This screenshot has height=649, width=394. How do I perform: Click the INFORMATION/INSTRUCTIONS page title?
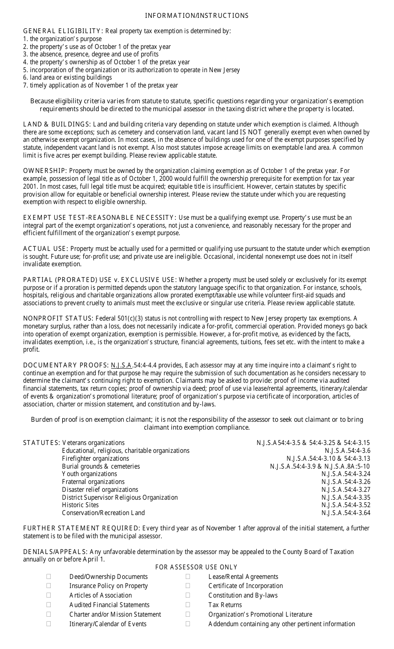(x=197, y=16)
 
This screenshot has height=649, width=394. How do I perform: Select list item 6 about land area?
(x=67, y=78)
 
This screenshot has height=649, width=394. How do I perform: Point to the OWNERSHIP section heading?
(x=45, y=171)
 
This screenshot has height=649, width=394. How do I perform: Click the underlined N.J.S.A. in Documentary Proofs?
(x=122, y=365)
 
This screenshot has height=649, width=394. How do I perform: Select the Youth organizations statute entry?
(x=90, y=474)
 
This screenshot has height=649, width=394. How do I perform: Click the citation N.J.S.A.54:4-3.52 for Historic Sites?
(x=345, y=505)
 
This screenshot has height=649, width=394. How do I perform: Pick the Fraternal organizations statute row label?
(x=93, y=482)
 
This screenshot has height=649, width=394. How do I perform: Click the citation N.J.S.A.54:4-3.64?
(x=345, y=513)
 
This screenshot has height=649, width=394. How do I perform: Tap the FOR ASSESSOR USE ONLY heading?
(x=196, y=567)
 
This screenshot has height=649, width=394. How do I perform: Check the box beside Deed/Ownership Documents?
(x=49, y=576)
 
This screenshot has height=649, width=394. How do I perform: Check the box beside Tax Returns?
(x=188, y=605)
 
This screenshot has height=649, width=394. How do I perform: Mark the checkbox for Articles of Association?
(x=49, y=595)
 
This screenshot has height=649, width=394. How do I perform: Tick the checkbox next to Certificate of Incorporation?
(x=188, y=586)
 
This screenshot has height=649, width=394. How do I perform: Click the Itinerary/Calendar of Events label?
(x=108, y=624)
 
